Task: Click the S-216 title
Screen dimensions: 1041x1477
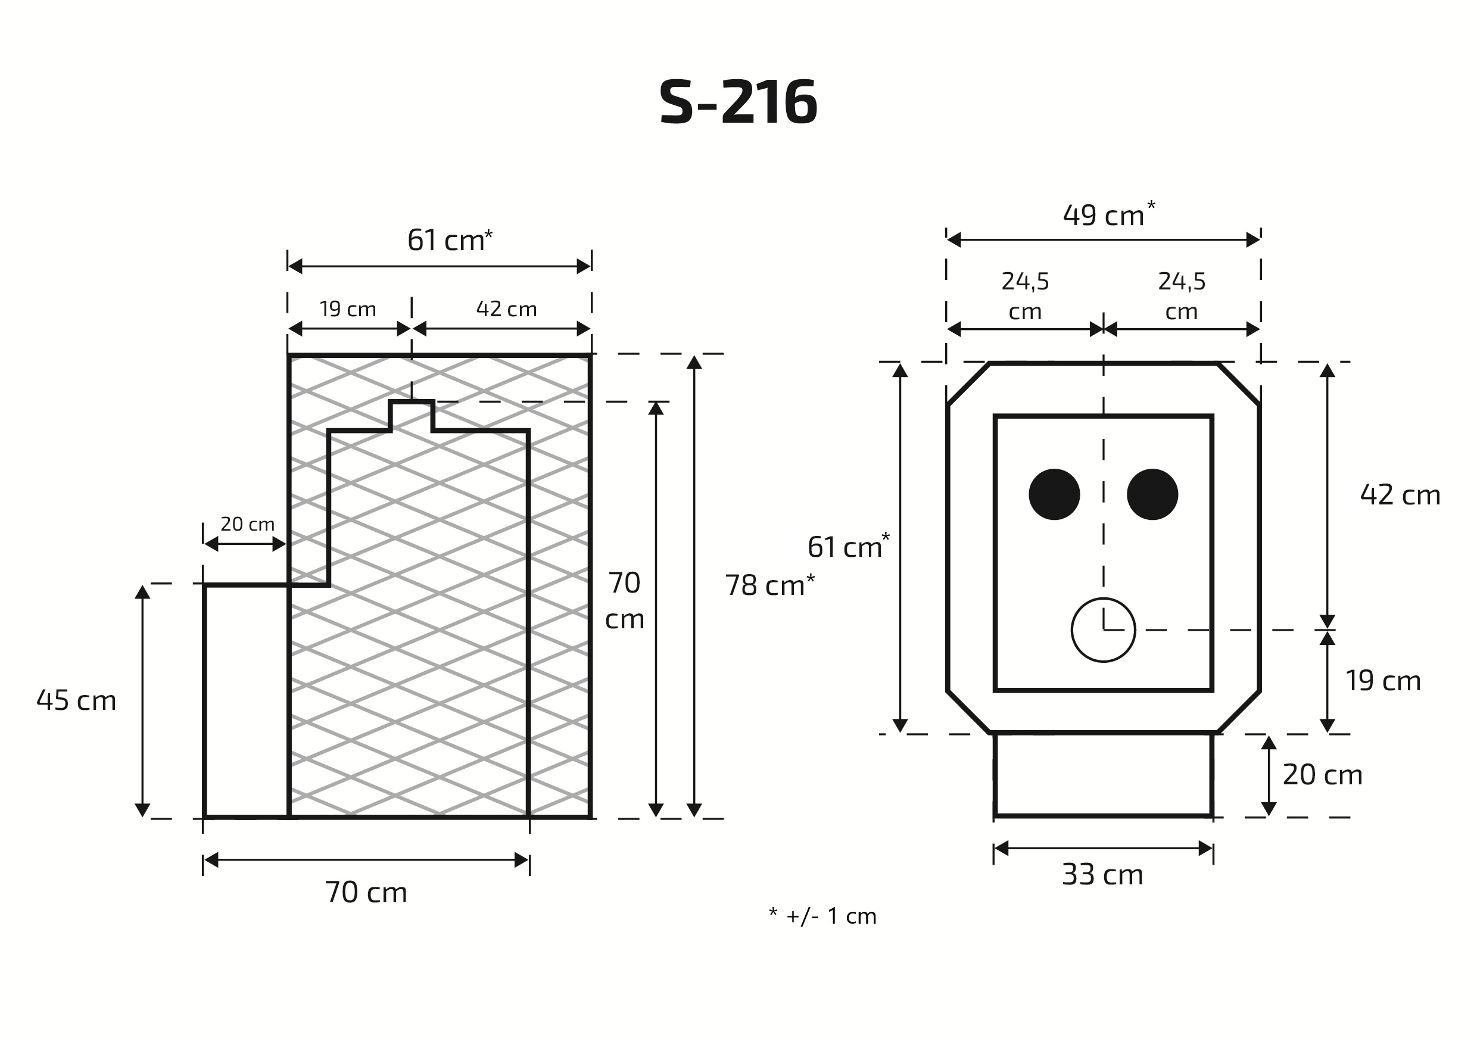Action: point(738,103)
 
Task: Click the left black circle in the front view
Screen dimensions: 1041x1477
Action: point(1054,494)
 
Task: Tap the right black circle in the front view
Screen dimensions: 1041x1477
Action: point(1152,494)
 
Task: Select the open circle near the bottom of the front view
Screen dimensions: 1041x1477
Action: point(1102,630)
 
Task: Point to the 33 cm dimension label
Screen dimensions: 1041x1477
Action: point(1102,875)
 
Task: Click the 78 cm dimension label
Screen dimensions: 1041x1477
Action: point(769,585)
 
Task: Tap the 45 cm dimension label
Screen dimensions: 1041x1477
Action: point(76,700)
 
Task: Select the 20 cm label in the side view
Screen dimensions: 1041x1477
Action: point(247,524)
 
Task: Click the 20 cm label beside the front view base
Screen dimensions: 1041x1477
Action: point(1322,775)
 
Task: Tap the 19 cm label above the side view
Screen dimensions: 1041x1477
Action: point(347,310)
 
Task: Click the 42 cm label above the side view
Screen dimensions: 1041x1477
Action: point(506,310)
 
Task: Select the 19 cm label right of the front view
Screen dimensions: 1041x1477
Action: point(1382,681)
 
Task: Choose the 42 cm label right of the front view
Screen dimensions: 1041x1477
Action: point(1400,495)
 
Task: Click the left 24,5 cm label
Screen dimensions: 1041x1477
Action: point(1025,296)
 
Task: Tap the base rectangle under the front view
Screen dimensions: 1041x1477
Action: point(1102,775)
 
